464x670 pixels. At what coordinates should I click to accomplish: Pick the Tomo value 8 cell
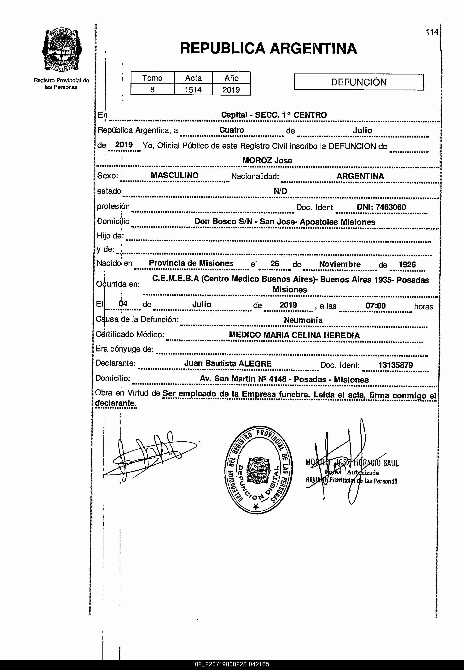pos(152,90)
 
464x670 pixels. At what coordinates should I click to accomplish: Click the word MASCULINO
pos(174,175)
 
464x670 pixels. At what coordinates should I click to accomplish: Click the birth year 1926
pos(407,264)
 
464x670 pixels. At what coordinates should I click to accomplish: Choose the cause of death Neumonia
pos(303,320)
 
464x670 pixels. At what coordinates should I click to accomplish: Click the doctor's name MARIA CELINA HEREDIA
pos(311,335)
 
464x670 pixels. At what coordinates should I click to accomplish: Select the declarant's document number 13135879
pos(395,365)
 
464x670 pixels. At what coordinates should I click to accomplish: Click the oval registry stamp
pos(259,470)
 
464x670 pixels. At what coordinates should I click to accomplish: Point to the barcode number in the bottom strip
pos(232,664)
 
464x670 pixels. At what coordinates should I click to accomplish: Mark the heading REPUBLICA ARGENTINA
pos(268,48)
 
